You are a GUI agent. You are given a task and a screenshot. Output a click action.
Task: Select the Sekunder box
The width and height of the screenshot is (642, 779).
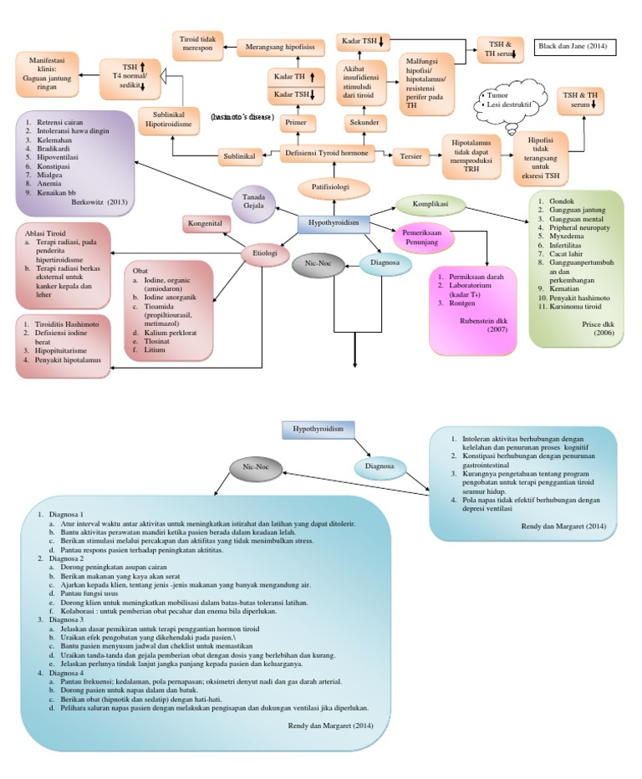364,123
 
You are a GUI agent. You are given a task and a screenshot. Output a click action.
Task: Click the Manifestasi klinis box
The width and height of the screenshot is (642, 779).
47,72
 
